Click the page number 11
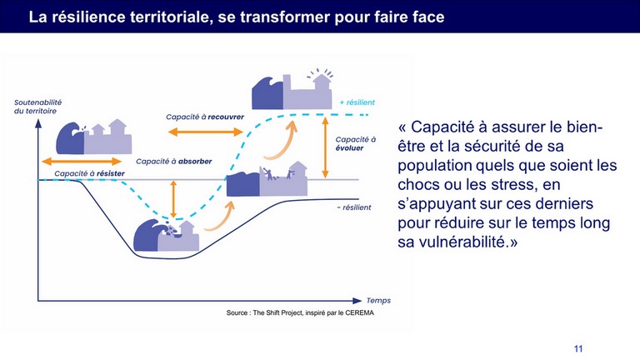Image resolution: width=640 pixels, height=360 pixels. [x=578, y=348]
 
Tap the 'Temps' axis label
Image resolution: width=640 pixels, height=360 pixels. [x=378, y=300]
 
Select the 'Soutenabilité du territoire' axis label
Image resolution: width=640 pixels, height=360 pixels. [x=37, y=107]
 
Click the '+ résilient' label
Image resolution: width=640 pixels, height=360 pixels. [x=357, y=102]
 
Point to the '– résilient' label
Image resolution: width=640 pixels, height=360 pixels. [x=354, y=207]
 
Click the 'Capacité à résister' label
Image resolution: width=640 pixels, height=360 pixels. [x=89, y=173]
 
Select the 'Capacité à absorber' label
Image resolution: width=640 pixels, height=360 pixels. [x=174, y=161]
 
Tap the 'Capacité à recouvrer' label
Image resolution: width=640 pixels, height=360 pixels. [x=205, y=117]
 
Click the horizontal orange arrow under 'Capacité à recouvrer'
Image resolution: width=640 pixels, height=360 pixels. [x=206, y=132]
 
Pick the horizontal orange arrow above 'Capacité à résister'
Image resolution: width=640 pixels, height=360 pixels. [x=82, y=161]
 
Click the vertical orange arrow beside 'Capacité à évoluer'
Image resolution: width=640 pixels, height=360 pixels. [x=325, y=147]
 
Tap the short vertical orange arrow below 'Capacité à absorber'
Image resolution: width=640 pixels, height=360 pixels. [x=173, y=199]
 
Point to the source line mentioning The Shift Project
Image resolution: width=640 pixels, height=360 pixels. [x=300, y=313]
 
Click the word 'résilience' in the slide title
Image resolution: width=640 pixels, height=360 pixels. [x=87, y=17]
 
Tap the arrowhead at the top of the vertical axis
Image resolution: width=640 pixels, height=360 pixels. [x=38, y=122]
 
